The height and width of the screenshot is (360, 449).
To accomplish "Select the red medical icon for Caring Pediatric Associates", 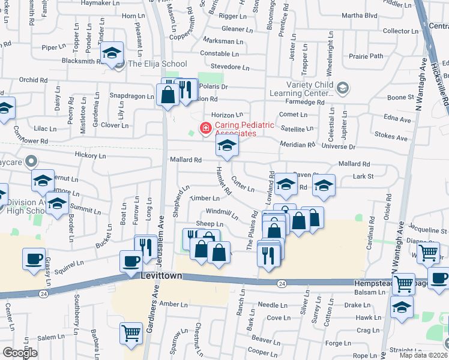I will [205, 127].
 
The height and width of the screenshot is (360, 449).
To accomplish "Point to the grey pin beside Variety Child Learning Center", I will [342, 89].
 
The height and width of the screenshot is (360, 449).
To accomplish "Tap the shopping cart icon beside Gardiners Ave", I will [130, 333].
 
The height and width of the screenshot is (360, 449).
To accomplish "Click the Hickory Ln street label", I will [90, 155].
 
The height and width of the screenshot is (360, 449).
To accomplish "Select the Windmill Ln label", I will [221, 212].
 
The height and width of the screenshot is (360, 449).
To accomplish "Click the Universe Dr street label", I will [339, 146].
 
